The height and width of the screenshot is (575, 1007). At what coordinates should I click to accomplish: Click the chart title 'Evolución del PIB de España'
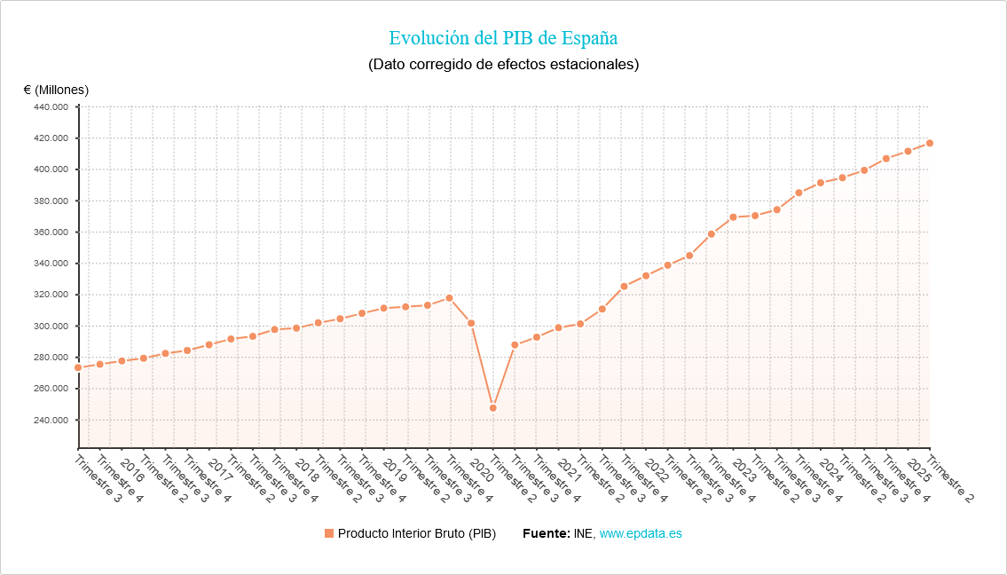tap(503, 38)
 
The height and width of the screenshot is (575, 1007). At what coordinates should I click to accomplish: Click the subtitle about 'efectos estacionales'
tap(503, 65)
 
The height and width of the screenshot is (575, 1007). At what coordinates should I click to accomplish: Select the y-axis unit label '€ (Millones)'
tap(56, 90)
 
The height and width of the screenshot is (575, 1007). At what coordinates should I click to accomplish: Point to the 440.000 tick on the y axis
tap(51, 107)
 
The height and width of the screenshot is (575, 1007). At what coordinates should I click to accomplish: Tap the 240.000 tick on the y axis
tap(51, 421)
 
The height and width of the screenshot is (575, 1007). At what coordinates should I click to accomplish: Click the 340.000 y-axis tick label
tap(51, 264)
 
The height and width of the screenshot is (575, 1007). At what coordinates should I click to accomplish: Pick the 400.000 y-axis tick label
tap(51, 169)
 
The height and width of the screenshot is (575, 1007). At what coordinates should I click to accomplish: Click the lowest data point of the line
tap(493, 408)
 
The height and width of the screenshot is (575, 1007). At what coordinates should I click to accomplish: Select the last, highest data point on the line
tap(930, 143)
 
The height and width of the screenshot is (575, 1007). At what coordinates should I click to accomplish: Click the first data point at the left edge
tap(78, 367)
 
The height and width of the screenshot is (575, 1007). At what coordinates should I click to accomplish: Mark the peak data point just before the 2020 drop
tap(449, 298)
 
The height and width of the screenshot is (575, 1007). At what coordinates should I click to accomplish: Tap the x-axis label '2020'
tap(481, 469)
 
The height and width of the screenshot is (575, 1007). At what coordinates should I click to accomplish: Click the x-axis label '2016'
tap(131, 469)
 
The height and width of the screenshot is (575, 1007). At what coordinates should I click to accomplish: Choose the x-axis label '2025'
tap(918, 469)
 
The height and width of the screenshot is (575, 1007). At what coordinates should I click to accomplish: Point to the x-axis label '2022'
tap(656, 469)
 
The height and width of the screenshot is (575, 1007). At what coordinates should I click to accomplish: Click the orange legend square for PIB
tap(329, 533)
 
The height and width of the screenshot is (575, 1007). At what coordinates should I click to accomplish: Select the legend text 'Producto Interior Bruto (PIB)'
tap(416, 533)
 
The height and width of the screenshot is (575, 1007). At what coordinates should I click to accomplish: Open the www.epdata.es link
tap(641, 533)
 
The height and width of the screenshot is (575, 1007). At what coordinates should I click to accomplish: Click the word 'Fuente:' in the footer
tap(546, 533)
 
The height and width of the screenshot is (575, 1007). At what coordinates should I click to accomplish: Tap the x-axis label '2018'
tap(306, 469)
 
